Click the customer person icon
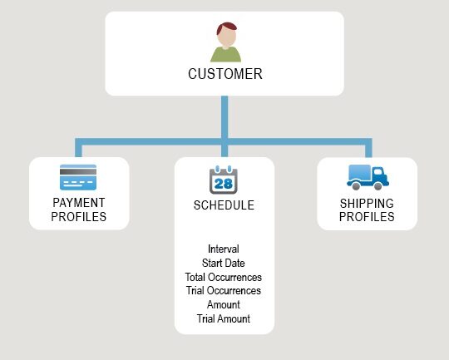226,42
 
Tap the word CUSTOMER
225,74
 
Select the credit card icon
78,177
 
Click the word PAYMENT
79,203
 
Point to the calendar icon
224,180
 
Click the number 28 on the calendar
224,184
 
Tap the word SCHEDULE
224,205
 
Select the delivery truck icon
368,177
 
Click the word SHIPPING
367,204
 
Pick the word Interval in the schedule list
224,249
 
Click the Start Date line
224,263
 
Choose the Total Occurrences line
224,277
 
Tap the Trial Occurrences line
224,290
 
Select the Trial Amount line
224,318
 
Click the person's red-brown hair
226,27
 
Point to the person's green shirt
226,55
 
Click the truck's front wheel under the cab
378,186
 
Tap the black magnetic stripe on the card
78,172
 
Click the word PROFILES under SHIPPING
367,217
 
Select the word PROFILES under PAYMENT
79,217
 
